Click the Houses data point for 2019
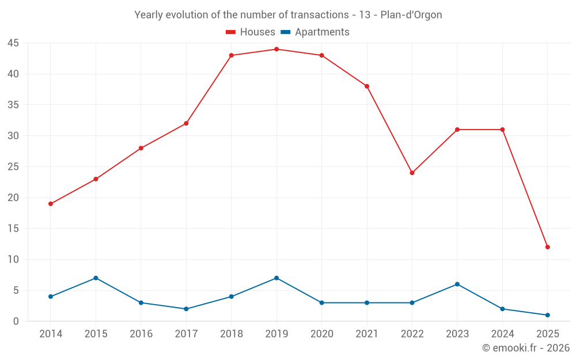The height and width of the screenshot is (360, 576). [x=276, y=49]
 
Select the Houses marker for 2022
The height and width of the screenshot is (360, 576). [x=412, y=173]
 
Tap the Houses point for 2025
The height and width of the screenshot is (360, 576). [x=548, y=247]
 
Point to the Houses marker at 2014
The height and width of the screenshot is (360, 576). [x=51, y=204]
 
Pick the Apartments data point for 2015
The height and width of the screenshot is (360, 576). [x=96, y=278]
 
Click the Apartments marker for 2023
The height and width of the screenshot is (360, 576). [x=457, y=284]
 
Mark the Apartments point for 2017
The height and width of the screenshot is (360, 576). [x=186, y=309]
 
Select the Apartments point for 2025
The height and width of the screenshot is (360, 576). [x=548, y=315]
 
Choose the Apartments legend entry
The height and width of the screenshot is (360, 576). [x=315, y=32]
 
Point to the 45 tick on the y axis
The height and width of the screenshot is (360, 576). [x=13, y=43]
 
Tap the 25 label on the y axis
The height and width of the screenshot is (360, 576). [x=13, y=167]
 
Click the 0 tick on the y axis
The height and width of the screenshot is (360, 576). [x=16, y=321]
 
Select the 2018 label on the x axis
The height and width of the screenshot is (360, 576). [x=231, y=334]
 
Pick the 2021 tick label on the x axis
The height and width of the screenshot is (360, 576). [x=367, y=334]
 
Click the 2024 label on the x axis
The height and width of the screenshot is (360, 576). [x=502, y=334]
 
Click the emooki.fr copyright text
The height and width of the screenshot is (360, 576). [x=525, y=348]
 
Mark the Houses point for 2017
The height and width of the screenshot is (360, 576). [x=186, y=123]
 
